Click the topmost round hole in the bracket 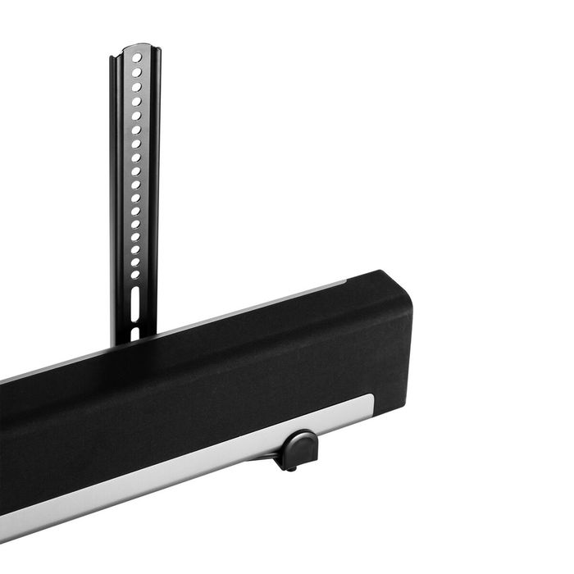coord(137,59)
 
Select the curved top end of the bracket coord(134,48)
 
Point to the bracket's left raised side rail coord(115,197)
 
